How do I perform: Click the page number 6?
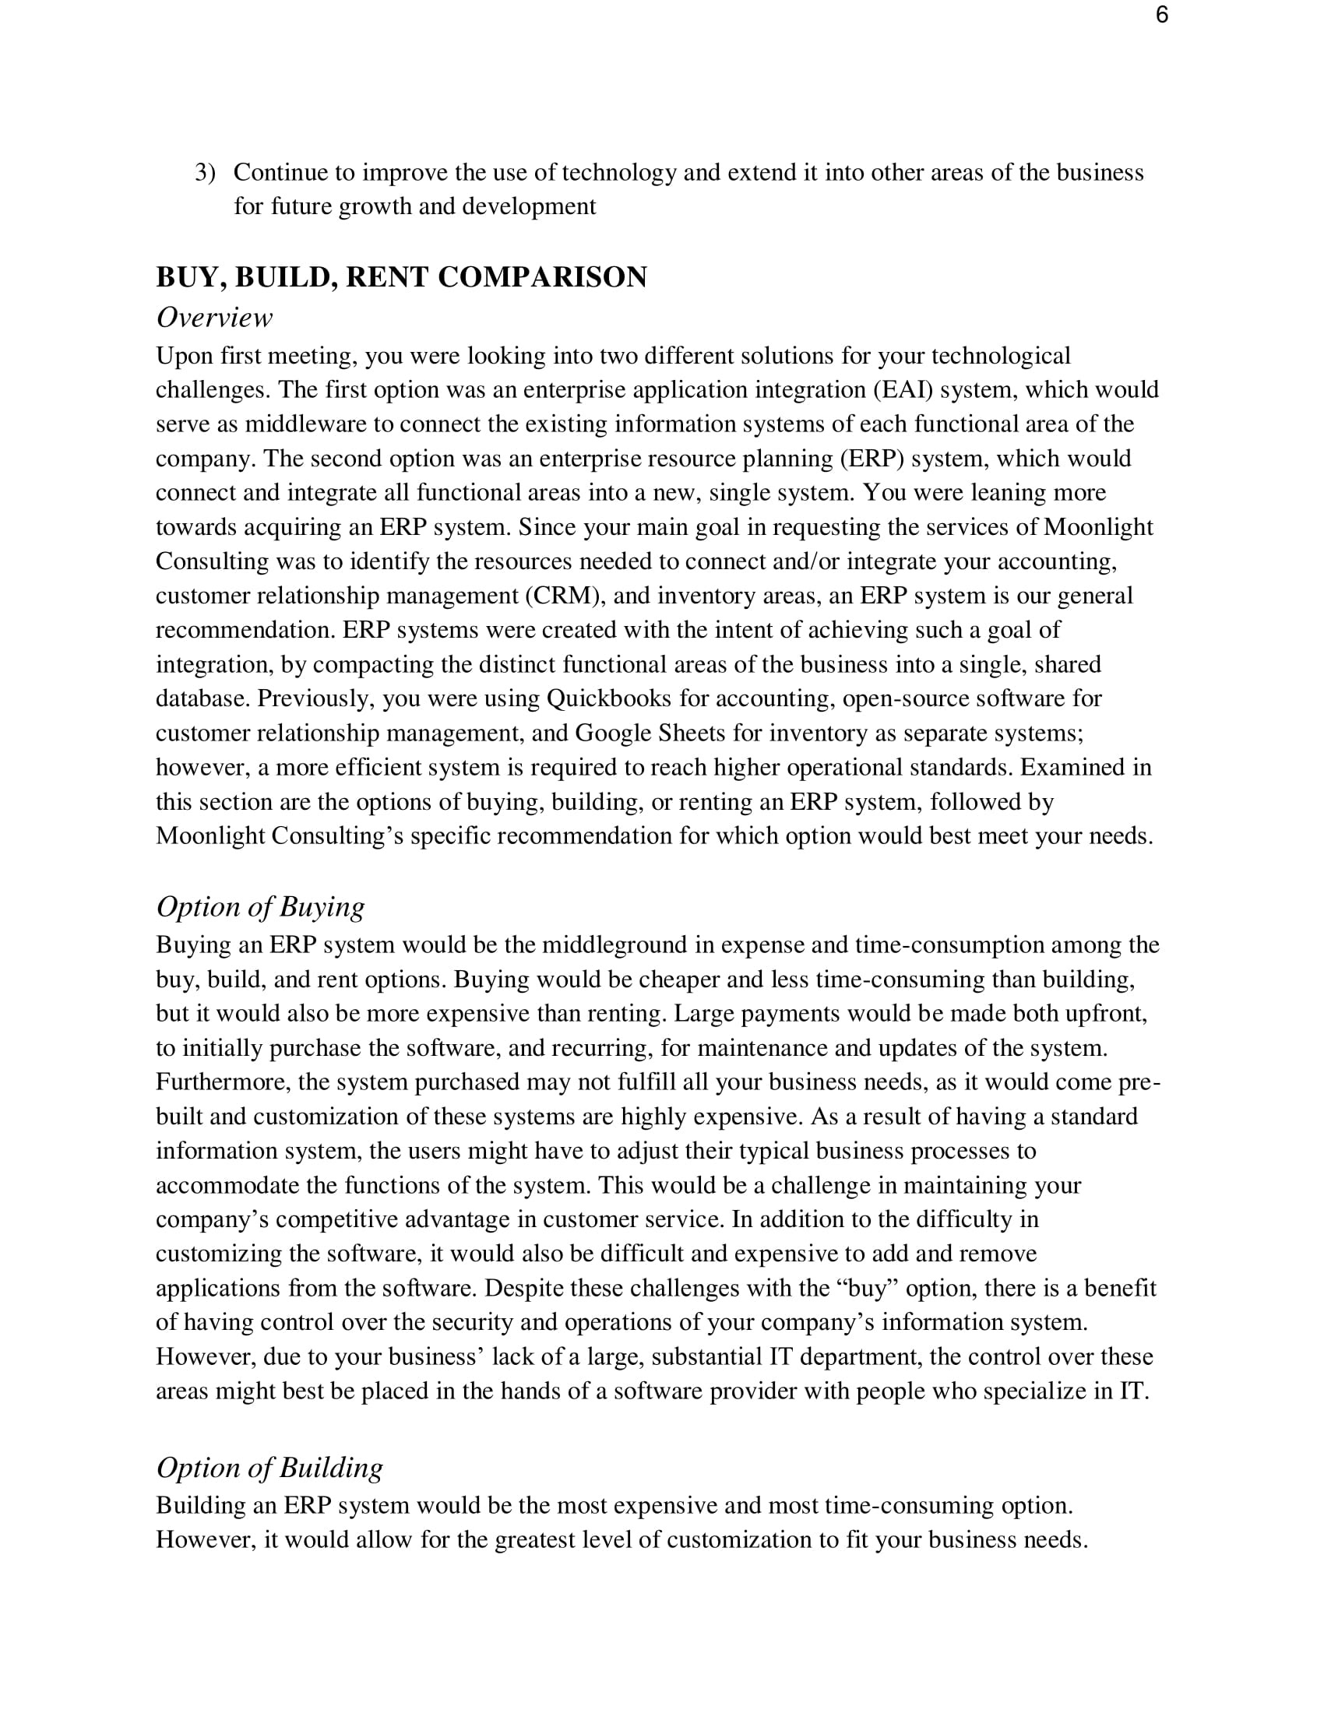[x=1162, y=15]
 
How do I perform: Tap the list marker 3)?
[x=205, y=172]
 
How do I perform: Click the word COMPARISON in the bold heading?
[x=542, y=277]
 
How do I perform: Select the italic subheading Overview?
[x=214, y=318]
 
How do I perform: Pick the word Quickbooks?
[x=609, y=699]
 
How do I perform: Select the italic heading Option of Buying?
[x=260, y=906]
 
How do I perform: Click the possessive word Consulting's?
[x=337, y=836]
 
